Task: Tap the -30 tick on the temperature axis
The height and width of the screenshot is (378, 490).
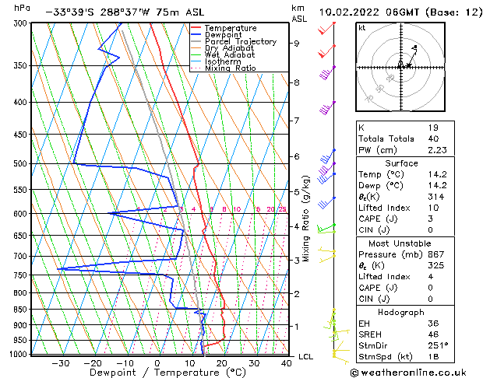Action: point(60,363)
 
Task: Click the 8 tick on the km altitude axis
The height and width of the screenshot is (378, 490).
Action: point(296,82)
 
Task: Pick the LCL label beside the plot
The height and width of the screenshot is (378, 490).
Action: point(306,356)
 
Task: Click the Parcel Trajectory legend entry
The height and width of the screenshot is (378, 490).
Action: point(241,42)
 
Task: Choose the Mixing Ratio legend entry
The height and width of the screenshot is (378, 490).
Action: point(231,68)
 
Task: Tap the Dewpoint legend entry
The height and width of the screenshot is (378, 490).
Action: point(224,35)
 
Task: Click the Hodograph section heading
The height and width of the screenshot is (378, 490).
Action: point(402,312)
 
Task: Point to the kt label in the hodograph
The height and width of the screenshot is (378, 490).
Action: point(362,28)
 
